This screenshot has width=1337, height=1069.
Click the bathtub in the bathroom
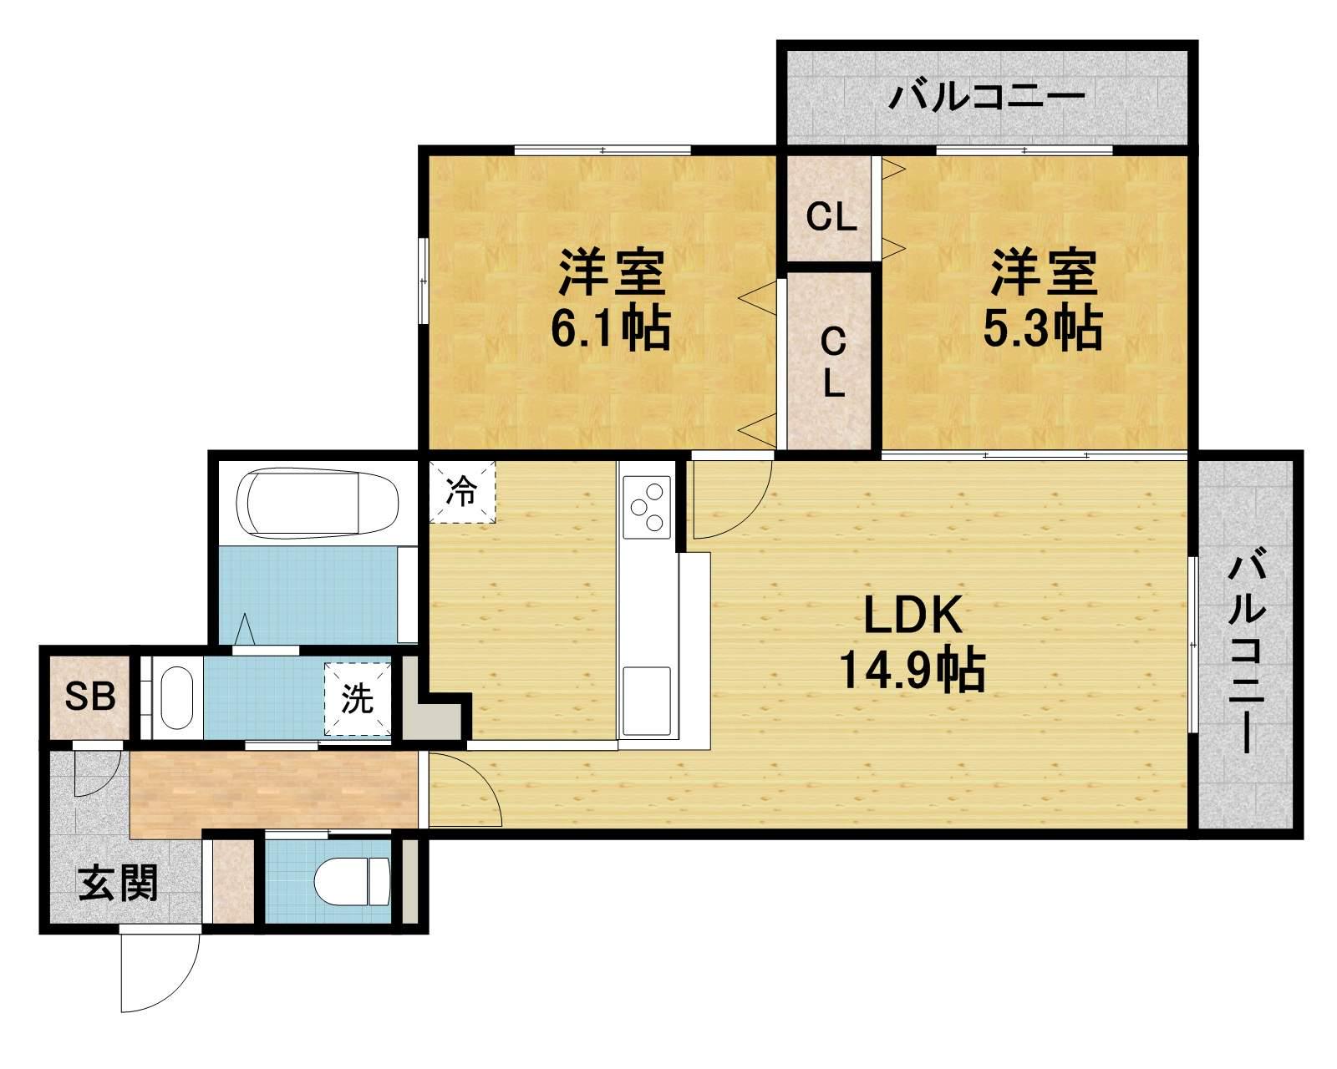[x=323, y=502]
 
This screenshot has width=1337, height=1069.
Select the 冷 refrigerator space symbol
[x=462, y=492]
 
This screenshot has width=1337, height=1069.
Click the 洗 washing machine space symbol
[x=358, y=699]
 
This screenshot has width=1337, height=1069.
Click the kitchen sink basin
[x=647, y=700]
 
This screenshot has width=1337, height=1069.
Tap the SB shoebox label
[x=90, y=697]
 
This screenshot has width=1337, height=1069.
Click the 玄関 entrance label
[x=118, y=883]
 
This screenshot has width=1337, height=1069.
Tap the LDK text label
[x=913, y=615]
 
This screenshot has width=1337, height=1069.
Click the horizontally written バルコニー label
[x=987, y=98]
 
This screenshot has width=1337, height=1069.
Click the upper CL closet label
[x=831, y=217]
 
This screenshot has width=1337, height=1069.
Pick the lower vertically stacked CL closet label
[x=834, y=362]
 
